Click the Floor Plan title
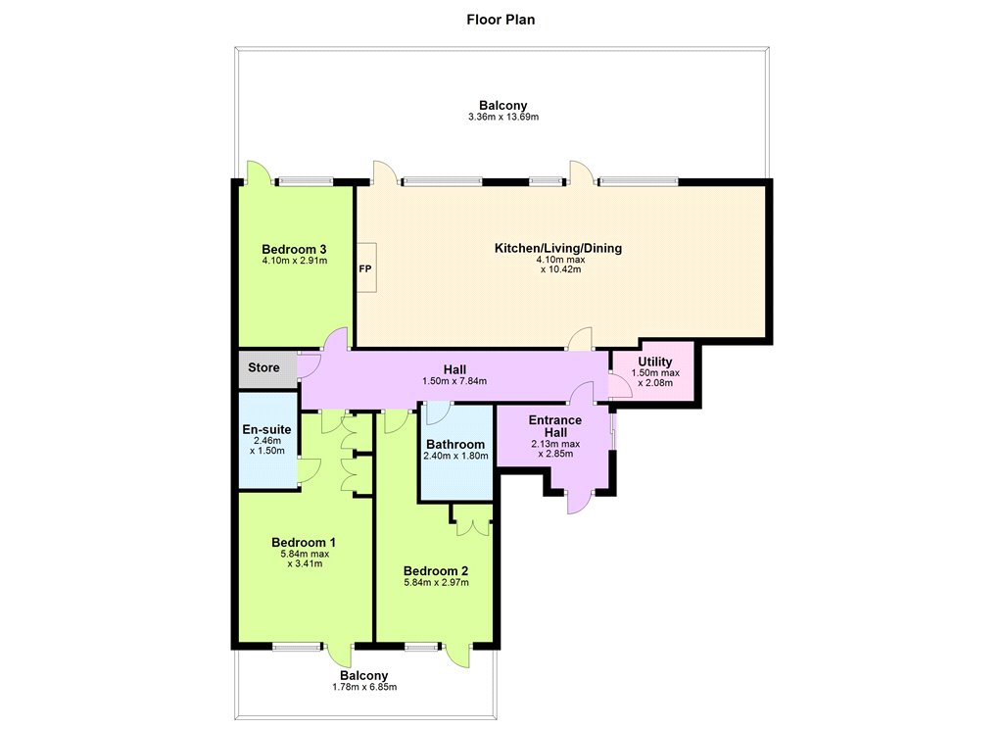coord(501,20)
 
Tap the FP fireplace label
coord(364,268)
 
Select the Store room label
coord(263,367)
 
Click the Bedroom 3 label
coord(294,249)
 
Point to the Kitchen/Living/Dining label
coord(557,248)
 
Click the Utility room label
coord(655,362)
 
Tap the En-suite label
coord(266,429)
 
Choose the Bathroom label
coord(455,444)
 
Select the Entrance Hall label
coord(555,426)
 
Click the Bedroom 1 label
coord(304,542)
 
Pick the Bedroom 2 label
coord(436,571)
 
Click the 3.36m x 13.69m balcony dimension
coord(503,118)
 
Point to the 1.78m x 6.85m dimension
coord(364,688)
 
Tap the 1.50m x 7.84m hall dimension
coord(454,381)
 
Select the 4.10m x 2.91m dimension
coord(294,261)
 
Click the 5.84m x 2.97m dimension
coord(436,582)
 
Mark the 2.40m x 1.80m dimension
coord(455,456)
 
